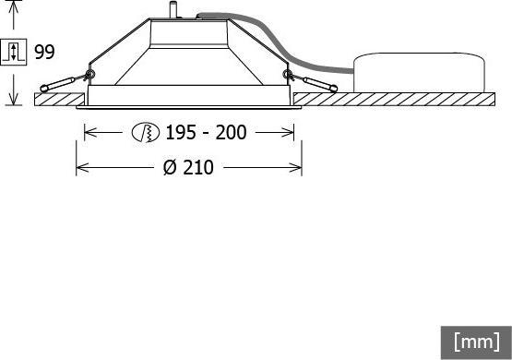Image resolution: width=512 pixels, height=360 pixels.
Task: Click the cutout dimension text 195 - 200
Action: tap(206, 133)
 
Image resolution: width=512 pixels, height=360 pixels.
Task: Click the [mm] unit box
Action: tap(476, 342)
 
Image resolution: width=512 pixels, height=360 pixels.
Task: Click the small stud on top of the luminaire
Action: tap(171, 10)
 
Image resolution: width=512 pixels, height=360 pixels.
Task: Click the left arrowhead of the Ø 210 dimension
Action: tap(80, 167)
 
